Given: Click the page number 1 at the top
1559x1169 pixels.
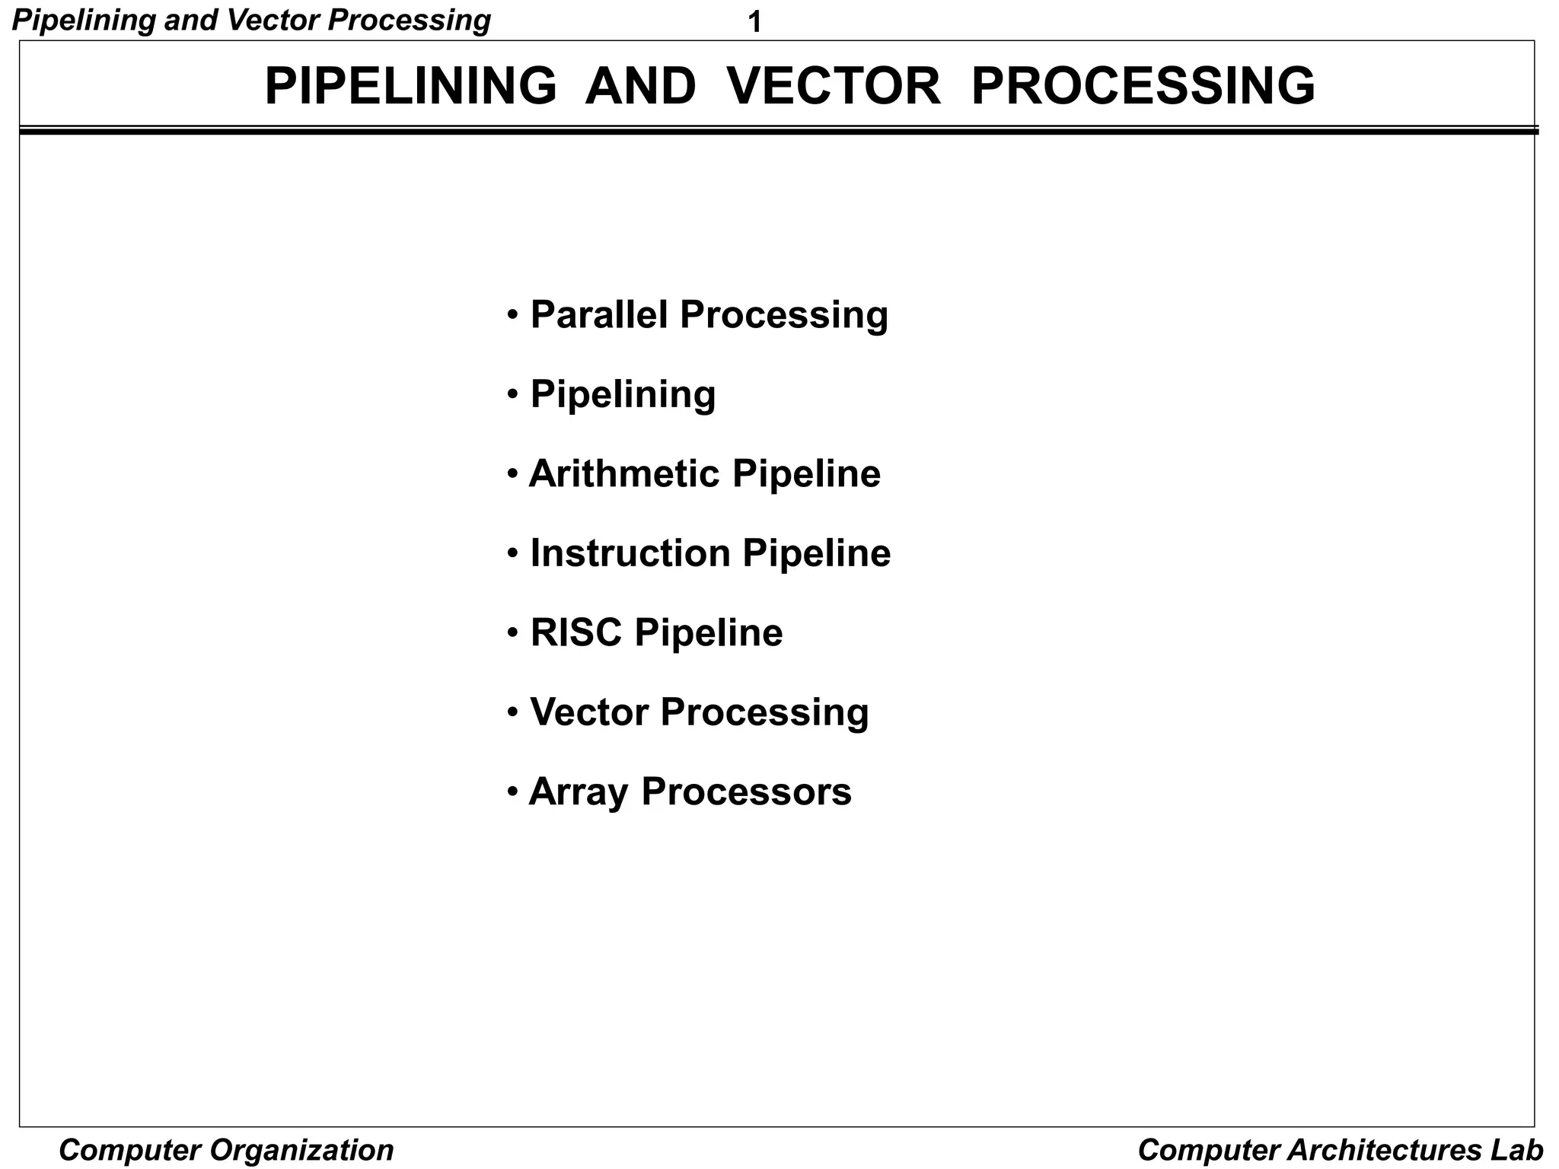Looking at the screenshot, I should pos(754,23).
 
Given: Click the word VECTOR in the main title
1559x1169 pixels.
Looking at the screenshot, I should pos(834,86).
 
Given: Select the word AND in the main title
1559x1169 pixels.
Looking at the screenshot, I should pos(640,86).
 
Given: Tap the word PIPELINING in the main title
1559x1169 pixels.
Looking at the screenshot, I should pos(410,86).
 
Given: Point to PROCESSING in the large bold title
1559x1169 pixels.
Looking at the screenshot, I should pos(1143,86).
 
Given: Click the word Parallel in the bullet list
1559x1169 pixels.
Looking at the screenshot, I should pos(599,314).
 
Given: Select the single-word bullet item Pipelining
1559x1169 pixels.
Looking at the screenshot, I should pos(623,394).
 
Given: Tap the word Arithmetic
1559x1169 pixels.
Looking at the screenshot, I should pos(624,473).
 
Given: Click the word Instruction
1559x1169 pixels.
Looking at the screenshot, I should pos(630,553).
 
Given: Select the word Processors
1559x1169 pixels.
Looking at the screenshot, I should pos(746,792).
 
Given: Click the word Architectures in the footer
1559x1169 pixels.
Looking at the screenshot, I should pos(1383,1150).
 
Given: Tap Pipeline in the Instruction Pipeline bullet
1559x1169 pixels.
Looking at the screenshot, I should pos(816,553).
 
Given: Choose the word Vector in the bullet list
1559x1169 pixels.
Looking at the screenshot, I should pos(588,712).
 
